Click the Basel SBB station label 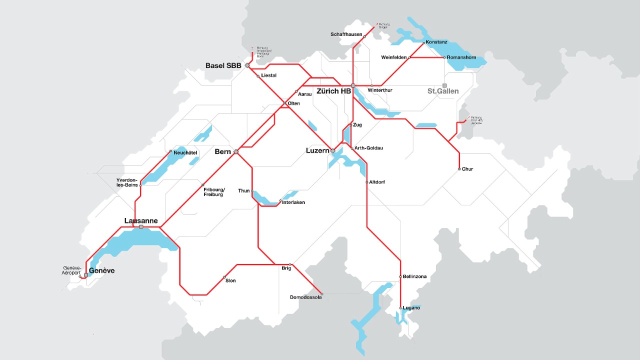click(x=223, y=65)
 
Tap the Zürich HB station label click(x=333, y=91)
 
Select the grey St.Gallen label click(x=442, y=91)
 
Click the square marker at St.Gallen click(x=444, y=85)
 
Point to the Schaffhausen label click(x=346, y=34)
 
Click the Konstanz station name click(x=436, y=42)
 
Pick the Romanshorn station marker click(x=444, y=57)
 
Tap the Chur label click(x=467, y=169)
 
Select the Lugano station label click(x=411, y=308)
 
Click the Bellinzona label click(x=414, y=276)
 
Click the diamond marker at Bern click(x=236, y=151)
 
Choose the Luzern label click(x=317, y=150)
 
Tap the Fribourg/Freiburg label click(x=214, y=192)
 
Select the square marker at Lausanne click(x=141, y=227)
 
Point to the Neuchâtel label click(x=185, y=152)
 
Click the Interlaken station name click(x=293, y=202)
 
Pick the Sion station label click(x=230, y=281)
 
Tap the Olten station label click(x=294, y=103)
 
